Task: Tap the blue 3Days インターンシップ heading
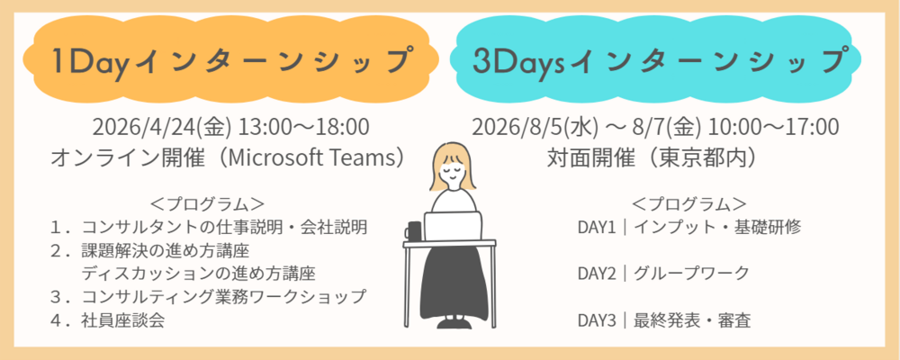click(x=661, y=61)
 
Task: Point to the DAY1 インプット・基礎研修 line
click(x=688, y=226)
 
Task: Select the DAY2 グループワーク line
click(x=663, y=273)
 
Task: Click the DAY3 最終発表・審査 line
click(x=664, y=319)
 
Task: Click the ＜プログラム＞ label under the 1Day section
click(x=208, y=202)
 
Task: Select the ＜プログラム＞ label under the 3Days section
click(x=689, y=202)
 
